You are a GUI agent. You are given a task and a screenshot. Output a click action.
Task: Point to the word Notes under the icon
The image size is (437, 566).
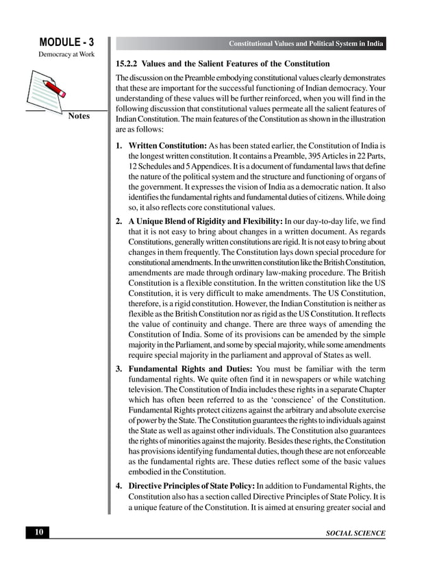point(79,116)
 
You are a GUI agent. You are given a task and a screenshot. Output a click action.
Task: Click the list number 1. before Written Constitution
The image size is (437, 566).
point(119,146)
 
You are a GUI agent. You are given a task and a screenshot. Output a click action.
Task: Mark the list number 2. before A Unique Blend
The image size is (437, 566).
point(119,221)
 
